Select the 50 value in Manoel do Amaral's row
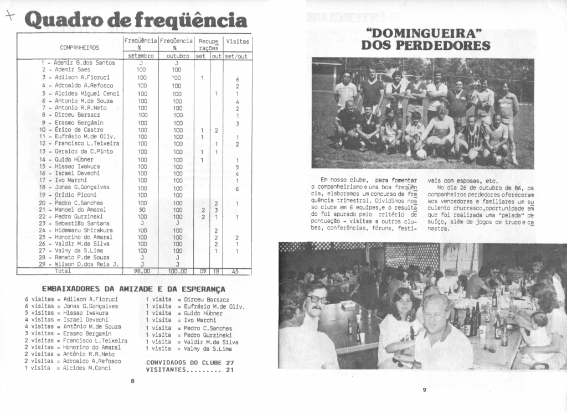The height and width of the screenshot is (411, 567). (x=141, y=210)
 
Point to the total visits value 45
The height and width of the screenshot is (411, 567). (x=235, y=272)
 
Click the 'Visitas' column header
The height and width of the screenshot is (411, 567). (x=238, y=41)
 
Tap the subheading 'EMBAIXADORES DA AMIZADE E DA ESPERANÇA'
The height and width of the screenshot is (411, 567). (x=134, y=289)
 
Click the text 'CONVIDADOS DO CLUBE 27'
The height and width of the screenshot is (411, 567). (x=190, y=363)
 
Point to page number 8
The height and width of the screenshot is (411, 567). (x=132, y=381)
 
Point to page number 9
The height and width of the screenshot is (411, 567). (x=424, y=391)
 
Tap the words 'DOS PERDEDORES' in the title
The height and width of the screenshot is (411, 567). (x=425, y=45)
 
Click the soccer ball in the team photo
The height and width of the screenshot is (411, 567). (x=421, y=154)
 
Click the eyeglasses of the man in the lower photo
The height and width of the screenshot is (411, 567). (x=317, y=299)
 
